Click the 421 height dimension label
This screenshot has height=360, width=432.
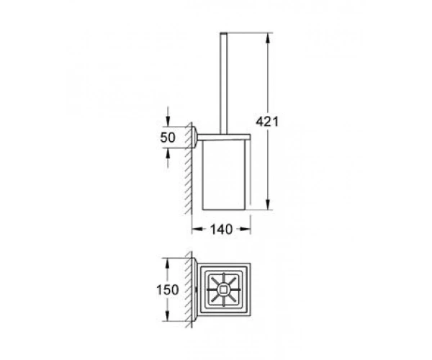(x=267, y=122)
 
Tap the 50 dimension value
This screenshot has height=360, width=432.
(x=168, y=138)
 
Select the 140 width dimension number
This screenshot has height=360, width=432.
(x=221, y=229)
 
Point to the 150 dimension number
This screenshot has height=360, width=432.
(x=168, y=289)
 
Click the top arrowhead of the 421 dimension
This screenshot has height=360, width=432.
(x=268, y=38)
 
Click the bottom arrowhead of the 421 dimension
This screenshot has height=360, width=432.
(x=268, y=204)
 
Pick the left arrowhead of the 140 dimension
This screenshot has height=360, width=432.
(x=197, y=229)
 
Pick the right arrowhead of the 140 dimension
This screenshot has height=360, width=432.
(x=246, y=229)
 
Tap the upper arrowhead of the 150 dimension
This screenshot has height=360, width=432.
(x=167, y=264)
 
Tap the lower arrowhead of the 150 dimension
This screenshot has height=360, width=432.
(x=167, y=315)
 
